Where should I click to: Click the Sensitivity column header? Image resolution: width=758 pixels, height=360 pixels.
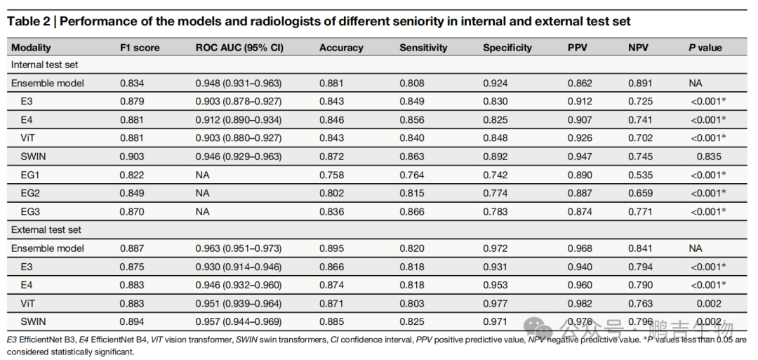(x=423, y=47)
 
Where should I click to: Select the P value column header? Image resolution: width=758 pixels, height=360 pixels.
(x=705, y=47)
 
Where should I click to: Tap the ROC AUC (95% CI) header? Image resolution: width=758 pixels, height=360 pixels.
(x=239, y=47)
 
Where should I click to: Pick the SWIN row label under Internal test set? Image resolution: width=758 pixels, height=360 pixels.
(x=32, y=156)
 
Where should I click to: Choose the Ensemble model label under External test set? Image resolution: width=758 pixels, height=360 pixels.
(x=48, y=248)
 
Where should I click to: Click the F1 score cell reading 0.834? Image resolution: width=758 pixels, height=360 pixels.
(x=132, y=83)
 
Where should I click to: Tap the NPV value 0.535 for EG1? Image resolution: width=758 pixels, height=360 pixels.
(x=641, y=175)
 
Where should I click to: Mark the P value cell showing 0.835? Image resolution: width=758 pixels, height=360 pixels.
(x=708, y=156)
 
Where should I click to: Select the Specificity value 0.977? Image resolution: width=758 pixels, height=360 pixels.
(x=495, y=303)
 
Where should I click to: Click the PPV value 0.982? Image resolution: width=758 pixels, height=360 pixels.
(x=580, y=303)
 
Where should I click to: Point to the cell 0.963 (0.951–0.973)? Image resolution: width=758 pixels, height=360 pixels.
(x=239, y=248)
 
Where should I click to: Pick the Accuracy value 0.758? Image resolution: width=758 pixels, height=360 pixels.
(x=331, y=175)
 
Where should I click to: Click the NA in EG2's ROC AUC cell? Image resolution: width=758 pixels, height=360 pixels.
(x=201, y=193)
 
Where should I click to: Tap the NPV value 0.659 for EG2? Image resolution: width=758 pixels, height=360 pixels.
(x=641, y=193)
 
